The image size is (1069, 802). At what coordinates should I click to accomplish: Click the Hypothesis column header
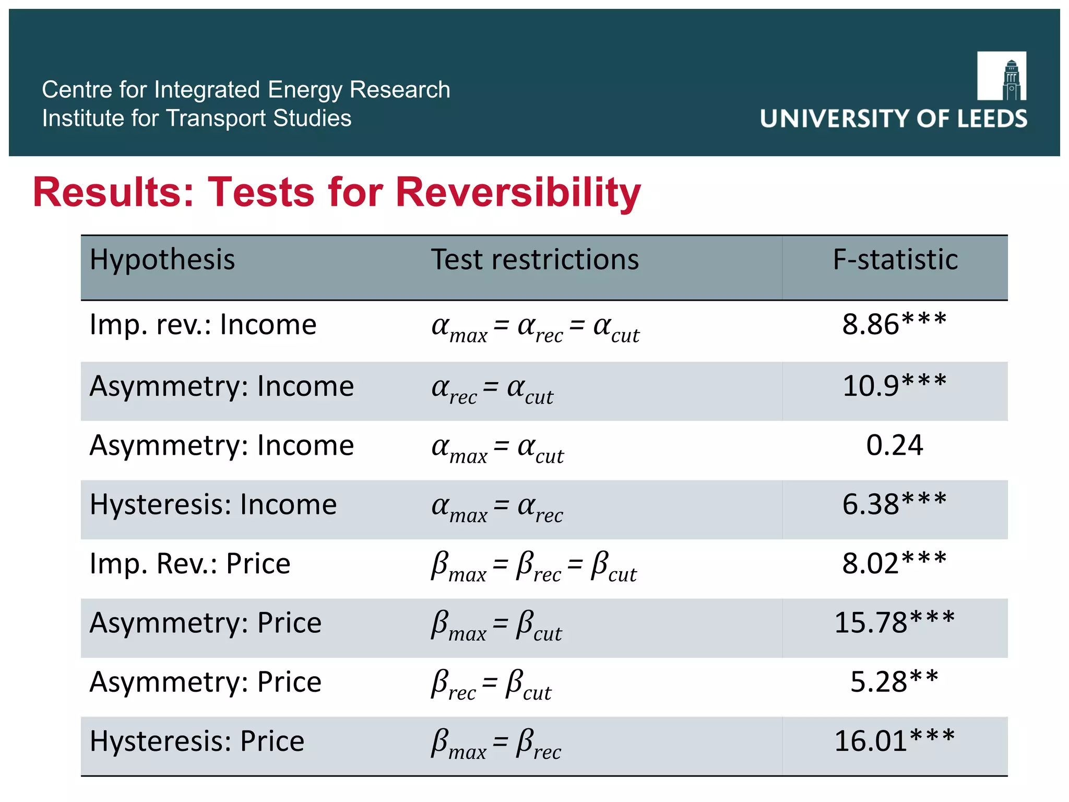[x=162, y=260]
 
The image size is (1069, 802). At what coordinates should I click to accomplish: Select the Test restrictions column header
[x=534, y=260]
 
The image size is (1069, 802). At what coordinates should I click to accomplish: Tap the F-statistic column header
[x=895, y=260]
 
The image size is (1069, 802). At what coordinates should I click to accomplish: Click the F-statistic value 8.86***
[x=894, y=324]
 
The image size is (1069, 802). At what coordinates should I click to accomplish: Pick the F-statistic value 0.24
[x=894, y=445]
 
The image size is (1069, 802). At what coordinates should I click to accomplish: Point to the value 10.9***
[x=894, y=386]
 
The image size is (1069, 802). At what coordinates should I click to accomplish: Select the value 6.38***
[x=894, y=504]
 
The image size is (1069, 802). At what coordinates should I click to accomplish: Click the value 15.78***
[x=894, y=622]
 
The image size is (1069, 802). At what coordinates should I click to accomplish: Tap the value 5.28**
[x=894, y=682]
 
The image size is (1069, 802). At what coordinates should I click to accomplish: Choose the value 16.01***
[x=894, y=741]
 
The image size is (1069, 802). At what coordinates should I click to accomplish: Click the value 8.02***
[x=894, y=563]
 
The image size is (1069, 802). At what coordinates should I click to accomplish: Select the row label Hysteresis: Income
[x=213, y=505]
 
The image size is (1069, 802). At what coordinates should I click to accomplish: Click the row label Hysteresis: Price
[x=197, y=741]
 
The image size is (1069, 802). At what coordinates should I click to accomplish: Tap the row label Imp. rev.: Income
[x=203, y=325]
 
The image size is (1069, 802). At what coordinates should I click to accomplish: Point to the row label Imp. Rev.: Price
[x=189, y=564]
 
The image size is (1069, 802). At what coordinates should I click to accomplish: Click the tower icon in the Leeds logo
[x=1011, y=79]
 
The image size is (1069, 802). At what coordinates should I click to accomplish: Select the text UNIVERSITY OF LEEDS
[x=893, y=119]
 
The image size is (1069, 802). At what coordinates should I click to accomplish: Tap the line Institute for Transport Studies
[x=196, y=119]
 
